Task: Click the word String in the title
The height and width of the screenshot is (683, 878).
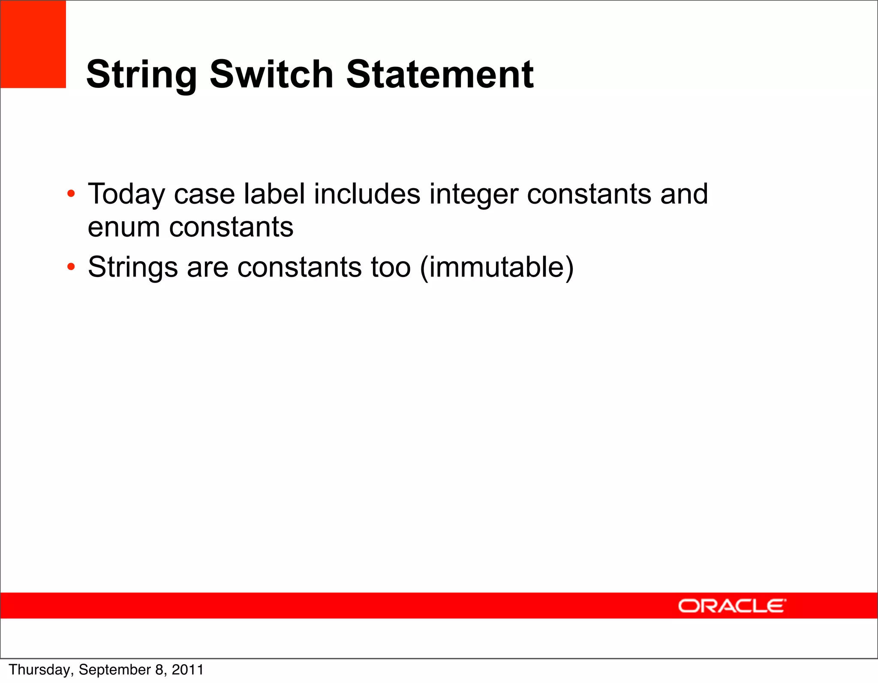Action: pos(141,75)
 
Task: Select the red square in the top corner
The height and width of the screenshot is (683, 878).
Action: pos(33,44)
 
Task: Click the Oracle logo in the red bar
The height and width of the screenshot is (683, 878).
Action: pos(732,606)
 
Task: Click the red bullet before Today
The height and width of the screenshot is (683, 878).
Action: pos(71,194)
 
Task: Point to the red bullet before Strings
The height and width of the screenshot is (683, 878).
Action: pos(71,267)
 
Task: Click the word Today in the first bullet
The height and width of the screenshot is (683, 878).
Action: pos(126,195)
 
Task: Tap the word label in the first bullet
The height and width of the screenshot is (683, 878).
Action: pos(274,194)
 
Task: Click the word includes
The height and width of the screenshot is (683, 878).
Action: pos(367,194)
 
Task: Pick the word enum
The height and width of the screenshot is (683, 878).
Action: pos(123,227)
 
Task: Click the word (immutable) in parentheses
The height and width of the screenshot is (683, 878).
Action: pos(496,268)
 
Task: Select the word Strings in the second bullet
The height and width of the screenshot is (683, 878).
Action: pos(132,268)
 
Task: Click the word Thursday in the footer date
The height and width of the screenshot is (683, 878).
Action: pos(41,670)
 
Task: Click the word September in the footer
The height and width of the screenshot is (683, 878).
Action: pos(115,670)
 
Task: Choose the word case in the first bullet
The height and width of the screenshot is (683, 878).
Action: pos(204,195)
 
